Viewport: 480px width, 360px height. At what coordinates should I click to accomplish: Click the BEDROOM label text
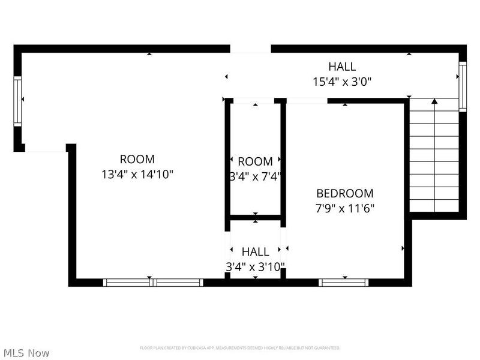pyautogui.click(x=344, y=193)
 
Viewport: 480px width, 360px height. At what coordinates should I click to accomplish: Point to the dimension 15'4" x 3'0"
pyautogui.click(x=341, y=82)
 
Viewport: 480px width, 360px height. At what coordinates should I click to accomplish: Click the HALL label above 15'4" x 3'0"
pyautogui.click(x=341, y=67)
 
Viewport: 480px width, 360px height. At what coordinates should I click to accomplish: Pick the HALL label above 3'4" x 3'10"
pyautogui.click(x=255, y=251)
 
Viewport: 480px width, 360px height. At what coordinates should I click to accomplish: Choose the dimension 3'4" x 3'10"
pyautogui.click(x=255, y=266)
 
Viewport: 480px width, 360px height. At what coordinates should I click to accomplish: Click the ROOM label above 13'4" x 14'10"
pyautogui.click(x=137, y=160)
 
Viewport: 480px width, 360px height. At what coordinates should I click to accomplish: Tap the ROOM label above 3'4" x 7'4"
pyautogui.click(x=255, y=161)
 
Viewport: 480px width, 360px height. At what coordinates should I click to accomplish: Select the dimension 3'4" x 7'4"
pyautogui.click(x=255, y=176)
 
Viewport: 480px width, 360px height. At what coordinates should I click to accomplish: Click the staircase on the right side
pyautogui.click(x=434, y=156)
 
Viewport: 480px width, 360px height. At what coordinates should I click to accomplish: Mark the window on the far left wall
pyautogui.click(x=18, y=100)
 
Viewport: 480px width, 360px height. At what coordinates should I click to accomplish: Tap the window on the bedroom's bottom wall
pyautogui.click(x=344, y=282)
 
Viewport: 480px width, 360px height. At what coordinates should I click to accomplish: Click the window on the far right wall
pyautogui.click(x=462, y=86)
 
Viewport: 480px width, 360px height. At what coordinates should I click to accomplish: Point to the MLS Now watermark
pyautogui.click(x=26, y=353)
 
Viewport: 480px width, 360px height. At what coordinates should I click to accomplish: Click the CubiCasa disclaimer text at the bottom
pyautogui.click(x=240, y=348)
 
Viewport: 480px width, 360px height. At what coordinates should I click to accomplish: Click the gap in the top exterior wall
pyautogui.click(x=250, y=49)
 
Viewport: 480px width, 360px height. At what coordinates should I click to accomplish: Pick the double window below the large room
pyautogui.click(x=153, y=282)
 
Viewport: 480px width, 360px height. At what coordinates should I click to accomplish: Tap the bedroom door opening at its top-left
pyautogui.click(x=307, y=100)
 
